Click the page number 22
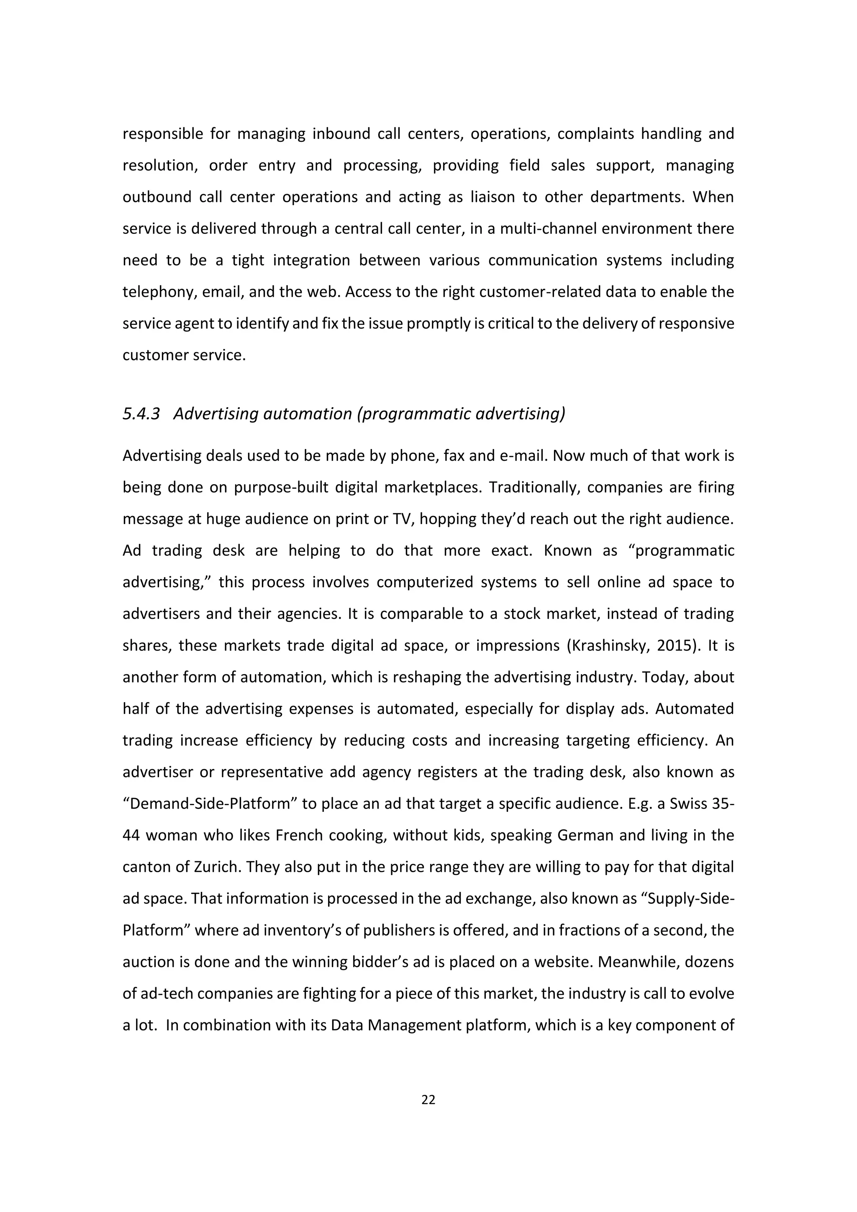click(x=428, y=1099)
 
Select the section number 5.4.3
click(x=141, y=414)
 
